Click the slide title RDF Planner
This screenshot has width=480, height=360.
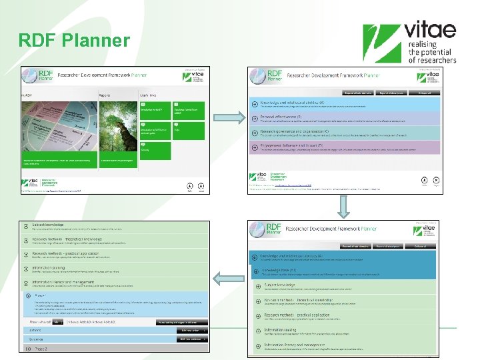click(75, 41)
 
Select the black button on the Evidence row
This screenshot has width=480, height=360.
click(191, 339)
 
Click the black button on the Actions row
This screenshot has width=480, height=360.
click(191, 329)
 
